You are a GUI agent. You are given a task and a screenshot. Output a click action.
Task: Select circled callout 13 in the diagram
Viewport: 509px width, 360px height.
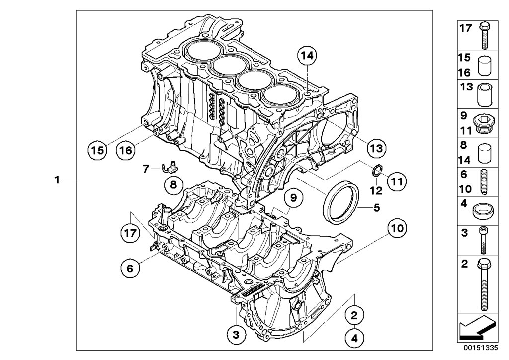tap(376, 148)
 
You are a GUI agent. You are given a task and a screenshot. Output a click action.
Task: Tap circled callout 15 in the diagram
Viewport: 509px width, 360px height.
tap(97, 149)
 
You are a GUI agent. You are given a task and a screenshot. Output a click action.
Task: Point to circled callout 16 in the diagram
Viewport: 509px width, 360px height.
tap(126, 149)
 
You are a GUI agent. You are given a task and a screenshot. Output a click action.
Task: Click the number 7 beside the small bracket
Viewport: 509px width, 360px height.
tap(146, 169)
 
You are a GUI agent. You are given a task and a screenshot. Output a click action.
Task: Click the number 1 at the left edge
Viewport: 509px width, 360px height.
tap(58, 180)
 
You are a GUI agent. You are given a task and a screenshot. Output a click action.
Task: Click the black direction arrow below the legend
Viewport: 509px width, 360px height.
tap(476, 328)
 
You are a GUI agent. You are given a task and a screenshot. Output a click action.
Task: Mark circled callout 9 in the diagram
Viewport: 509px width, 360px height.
tap(293, 198)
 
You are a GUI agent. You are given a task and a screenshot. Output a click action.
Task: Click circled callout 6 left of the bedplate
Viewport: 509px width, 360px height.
tap(130, 268)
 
